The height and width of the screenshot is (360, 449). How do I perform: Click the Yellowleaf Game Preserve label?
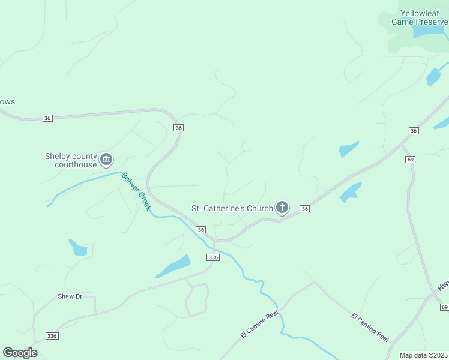[418, 17]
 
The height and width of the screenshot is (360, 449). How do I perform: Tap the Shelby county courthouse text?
[71, 160]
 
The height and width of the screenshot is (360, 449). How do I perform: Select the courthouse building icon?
[106, 159]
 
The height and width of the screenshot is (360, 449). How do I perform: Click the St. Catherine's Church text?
[232, 208]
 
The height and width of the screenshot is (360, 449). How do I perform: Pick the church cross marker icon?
[282, 208]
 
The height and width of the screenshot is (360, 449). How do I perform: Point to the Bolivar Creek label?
[136, 191]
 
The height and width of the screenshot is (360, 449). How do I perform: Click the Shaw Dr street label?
[70, 296]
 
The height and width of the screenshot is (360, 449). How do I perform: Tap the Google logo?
[20, 353]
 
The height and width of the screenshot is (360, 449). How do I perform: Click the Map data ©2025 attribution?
[423, 355]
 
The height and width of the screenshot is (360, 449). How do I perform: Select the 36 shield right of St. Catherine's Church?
[305, 208]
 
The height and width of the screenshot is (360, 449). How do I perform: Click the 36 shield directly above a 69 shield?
[413, 131]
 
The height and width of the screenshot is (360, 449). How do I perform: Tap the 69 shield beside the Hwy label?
[444, 307]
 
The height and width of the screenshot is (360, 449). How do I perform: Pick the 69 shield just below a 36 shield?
[411, 159]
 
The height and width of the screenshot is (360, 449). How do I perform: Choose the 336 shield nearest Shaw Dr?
[52, 336]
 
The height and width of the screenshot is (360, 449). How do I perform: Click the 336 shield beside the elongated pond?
[213, 257]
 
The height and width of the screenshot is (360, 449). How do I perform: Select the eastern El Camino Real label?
[370, 327]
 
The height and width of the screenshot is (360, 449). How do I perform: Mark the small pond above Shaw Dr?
[78, 248]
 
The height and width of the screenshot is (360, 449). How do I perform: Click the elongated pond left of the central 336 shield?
[174, 266]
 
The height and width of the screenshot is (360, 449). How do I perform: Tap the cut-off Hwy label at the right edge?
[443, 287]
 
